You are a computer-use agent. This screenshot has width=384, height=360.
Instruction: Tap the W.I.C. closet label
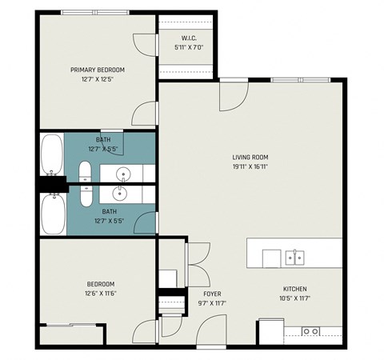[x=189, y=38]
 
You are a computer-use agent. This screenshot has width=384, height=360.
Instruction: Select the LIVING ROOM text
[x=250, y=157]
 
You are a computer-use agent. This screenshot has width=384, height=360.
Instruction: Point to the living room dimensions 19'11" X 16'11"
[x=250, y=167]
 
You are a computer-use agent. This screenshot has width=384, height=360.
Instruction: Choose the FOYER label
[x=212, y=294]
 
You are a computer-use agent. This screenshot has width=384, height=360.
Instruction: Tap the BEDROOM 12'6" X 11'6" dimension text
[x=101, y=294]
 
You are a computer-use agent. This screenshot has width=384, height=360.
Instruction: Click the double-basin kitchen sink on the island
[x=295, y=257]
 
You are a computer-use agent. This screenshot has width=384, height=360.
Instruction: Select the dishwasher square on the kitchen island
[x=272, y=257]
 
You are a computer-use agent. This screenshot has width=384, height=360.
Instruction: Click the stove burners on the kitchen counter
[x=310, y=330]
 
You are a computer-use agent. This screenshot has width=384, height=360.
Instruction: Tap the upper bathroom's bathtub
[x=52, y=154]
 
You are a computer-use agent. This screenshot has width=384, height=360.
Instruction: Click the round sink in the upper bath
[x=123, y=173]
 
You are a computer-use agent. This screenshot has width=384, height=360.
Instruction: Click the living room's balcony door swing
[x=233, y=94]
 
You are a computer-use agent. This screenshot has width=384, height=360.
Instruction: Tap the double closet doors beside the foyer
[x=196, y=263]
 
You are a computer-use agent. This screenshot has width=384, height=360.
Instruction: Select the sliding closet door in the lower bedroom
[x=72, y=325]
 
